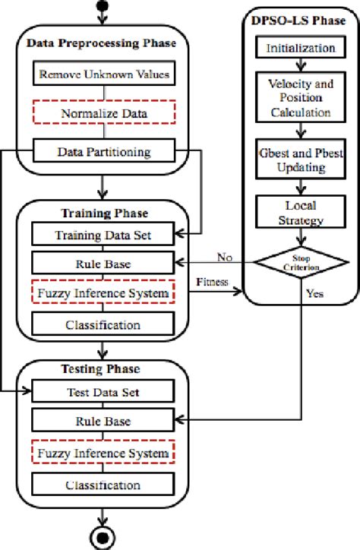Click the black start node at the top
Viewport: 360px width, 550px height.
102,8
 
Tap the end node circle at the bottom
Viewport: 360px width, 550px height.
102,537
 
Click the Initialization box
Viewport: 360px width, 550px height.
300,48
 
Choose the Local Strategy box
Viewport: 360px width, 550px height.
300,212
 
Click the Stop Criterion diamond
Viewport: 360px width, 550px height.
300,264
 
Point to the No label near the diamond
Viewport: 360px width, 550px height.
224,255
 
